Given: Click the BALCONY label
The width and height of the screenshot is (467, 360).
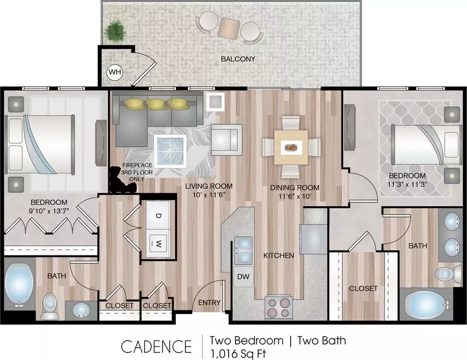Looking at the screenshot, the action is pos(238,59).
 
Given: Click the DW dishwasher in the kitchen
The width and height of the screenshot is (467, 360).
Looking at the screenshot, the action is pos(243,276).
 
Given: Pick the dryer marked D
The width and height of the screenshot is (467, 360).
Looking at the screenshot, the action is pos(159,215).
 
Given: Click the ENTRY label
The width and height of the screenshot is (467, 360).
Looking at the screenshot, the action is pos(209,303).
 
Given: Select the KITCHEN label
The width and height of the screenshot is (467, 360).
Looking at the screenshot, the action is pos(278,255).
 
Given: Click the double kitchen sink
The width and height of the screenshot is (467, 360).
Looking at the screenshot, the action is pos(243,251).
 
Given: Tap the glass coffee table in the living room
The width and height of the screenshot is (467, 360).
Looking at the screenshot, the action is pos(171,149).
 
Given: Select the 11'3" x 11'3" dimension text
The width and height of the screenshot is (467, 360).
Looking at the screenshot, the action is pos(408,184).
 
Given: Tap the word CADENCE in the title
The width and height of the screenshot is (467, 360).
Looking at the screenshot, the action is pos(156,346).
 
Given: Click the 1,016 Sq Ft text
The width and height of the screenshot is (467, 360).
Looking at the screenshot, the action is pos(238,354).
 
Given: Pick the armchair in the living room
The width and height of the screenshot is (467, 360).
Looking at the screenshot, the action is pos(226,140).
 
